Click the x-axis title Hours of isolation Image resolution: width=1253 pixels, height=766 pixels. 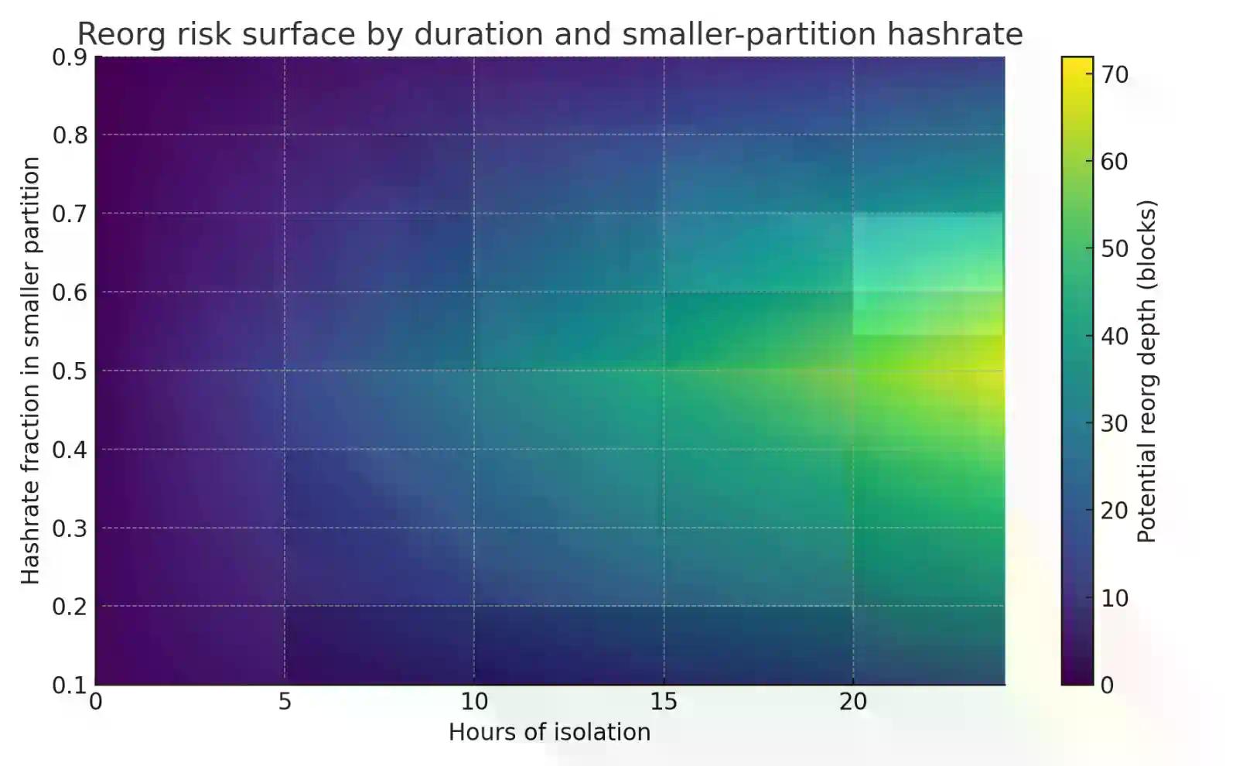[x=549, y=732]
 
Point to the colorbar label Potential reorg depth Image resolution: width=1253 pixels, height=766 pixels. [x=1146, y=371]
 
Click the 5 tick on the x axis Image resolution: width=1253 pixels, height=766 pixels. [x=285, y=702]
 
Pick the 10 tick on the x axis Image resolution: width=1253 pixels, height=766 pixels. [x=474, y=702]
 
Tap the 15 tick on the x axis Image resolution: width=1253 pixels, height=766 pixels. [x=664, y=702]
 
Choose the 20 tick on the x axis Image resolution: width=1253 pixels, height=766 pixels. [x=853, y=702]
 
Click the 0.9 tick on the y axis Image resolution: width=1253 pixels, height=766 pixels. [x=69, y=58]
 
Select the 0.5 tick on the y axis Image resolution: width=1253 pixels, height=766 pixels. [x=69, y=371]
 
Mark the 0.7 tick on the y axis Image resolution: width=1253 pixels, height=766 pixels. [x=69, y=214]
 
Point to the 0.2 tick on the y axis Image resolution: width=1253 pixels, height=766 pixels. [x=69, y=607]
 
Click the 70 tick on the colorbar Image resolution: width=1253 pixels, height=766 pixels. [x=1115, y=75]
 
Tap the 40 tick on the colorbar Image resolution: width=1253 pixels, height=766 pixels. [x=1115, y=337]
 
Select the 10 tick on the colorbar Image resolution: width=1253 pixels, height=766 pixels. [x=1115, y=598]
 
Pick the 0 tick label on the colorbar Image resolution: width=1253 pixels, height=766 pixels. [x=1107, y=686]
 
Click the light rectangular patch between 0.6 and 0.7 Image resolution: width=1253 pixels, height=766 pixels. [x=927, y=252]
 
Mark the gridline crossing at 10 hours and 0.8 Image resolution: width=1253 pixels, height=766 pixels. [x=474, y=135]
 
